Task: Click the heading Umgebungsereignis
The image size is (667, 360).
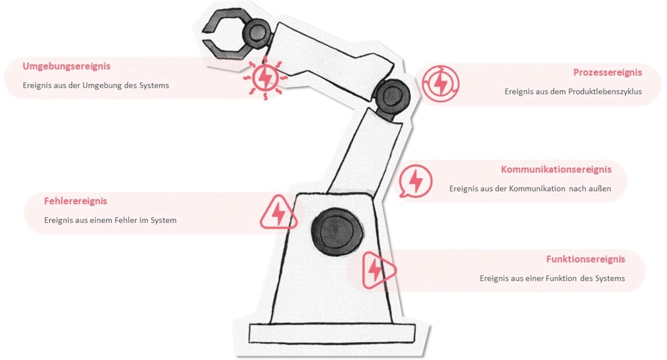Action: click(66, 66)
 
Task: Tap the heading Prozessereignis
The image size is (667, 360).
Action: click(608, 72)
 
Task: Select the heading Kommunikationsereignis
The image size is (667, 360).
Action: click(556, 169)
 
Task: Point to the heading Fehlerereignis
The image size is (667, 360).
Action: click(76, 201)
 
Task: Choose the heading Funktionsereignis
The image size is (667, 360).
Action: click(585, 259)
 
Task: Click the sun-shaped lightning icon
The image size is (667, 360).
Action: click(265, 78)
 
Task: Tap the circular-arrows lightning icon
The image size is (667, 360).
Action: click(440, 84)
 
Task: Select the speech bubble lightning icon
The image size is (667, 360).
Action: click(416, 181)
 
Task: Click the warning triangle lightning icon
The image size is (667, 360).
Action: click(278, 213)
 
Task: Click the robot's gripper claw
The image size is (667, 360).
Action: click(226, 34)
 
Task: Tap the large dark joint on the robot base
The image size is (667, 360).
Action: click(337, 231)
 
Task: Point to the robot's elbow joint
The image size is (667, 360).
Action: click(392, 97)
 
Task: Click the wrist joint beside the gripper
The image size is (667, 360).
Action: click(257, 33)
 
